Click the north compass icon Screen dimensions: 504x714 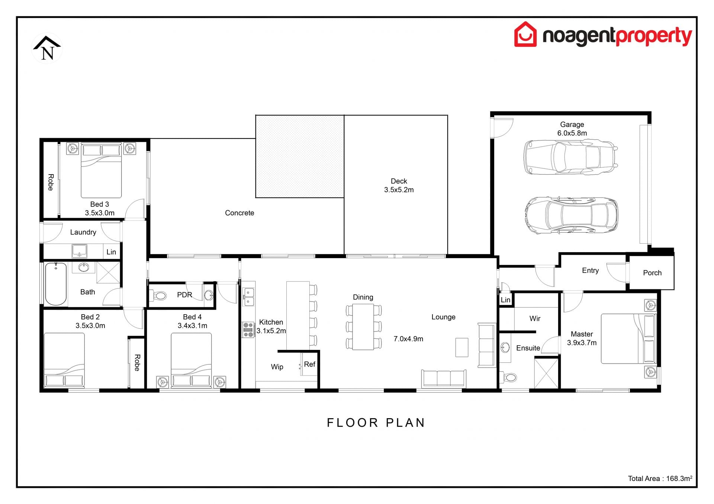pyautogui.click(x=47, y=49)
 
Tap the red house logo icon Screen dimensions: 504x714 pyautogui.click(x=525, y=35)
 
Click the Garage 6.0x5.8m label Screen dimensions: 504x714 pyautogui.click(x=572, y=129)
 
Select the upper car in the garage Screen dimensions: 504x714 pyautogui.click(x=570, y=157)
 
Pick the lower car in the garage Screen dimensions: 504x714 pyautogui.click(x=571, y=215)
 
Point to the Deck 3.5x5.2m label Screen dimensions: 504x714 pyautogui.click(x=399, y=185)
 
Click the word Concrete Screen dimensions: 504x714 pyautogui.click(x=239, y=213)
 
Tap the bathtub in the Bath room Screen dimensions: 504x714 pyautogui.click(x=56, y=284)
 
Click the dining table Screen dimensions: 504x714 pyautogui.click(x=363, y=327)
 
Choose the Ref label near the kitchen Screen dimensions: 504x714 pyautogui.click(x=309, y=364)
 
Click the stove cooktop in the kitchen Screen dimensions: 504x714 pyautogui.click(x=248, y=329)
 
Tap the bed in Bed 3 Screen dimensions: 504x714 pyautogui.click(x=101, y=171)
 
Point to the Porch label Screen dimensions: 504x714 pyautogui.click(x=652, y=273)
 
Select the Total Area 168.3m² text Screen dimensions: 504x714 pyautogui.click(x=660, y=478)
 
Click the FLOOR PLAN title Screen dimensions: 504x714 pyautogui.click(x=376, y=423)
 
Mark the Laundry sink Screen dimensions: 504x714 pyautogui.click(x=79, y=251)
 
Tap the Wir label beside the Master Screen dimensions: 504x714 pyautogui.click(x=535, y=319)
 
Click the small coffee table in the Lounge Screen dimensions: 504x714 pyautogui.click(x=461, y=347)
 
